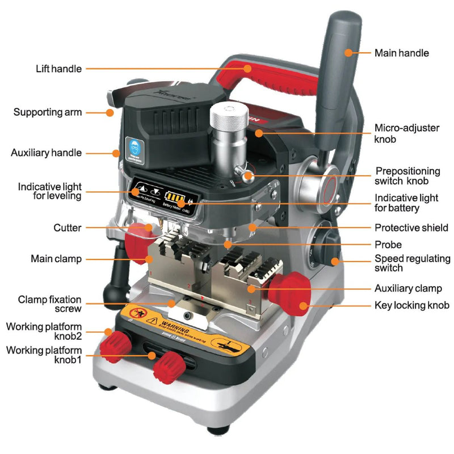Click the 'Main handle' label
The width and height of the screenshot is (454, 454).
(x=401, y=53)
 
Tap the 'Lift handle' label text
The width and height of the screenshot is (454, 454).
(x=59, y=69)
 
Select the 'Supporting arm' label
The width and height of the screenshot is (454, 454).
(x=48, y=112)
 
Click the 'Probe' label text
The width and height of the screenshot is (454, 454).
(x=388, y=245)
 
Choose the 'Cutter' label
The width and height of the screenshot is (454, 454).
(x=68, y=228)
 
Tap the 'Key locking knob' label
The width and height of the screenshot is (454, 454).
(x=411, y=305)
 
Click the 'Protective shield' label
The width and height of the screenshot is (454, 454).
(x=411, y=228)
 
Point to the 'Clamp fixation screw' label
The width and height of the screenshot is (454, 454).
(x=50, y=304)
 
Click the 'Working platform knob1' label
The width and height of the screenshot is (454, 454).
(x=44, y=355)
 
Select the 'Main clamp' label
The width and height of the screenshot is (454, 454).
(x=56, y=259)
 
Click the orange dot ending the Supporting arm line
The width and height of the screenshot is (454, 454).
(x=109, y=112)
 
